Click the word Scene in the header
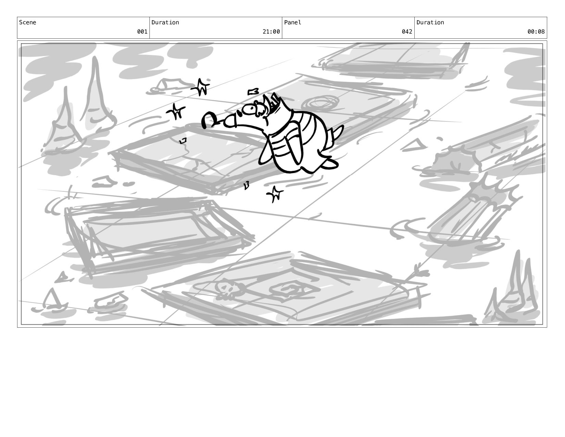click(27, 22)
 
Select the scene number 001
click(142, 32)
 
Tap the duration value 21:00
click(271, 32)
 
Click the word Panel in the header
click(292, 22)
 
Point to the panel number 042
click(407, 32)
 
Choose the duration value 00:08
click(536, 32)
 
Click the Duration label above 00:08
click(430, 22)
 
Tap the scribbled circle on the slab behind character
click(320, 103)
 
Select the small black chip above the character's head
click(253, 92)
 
